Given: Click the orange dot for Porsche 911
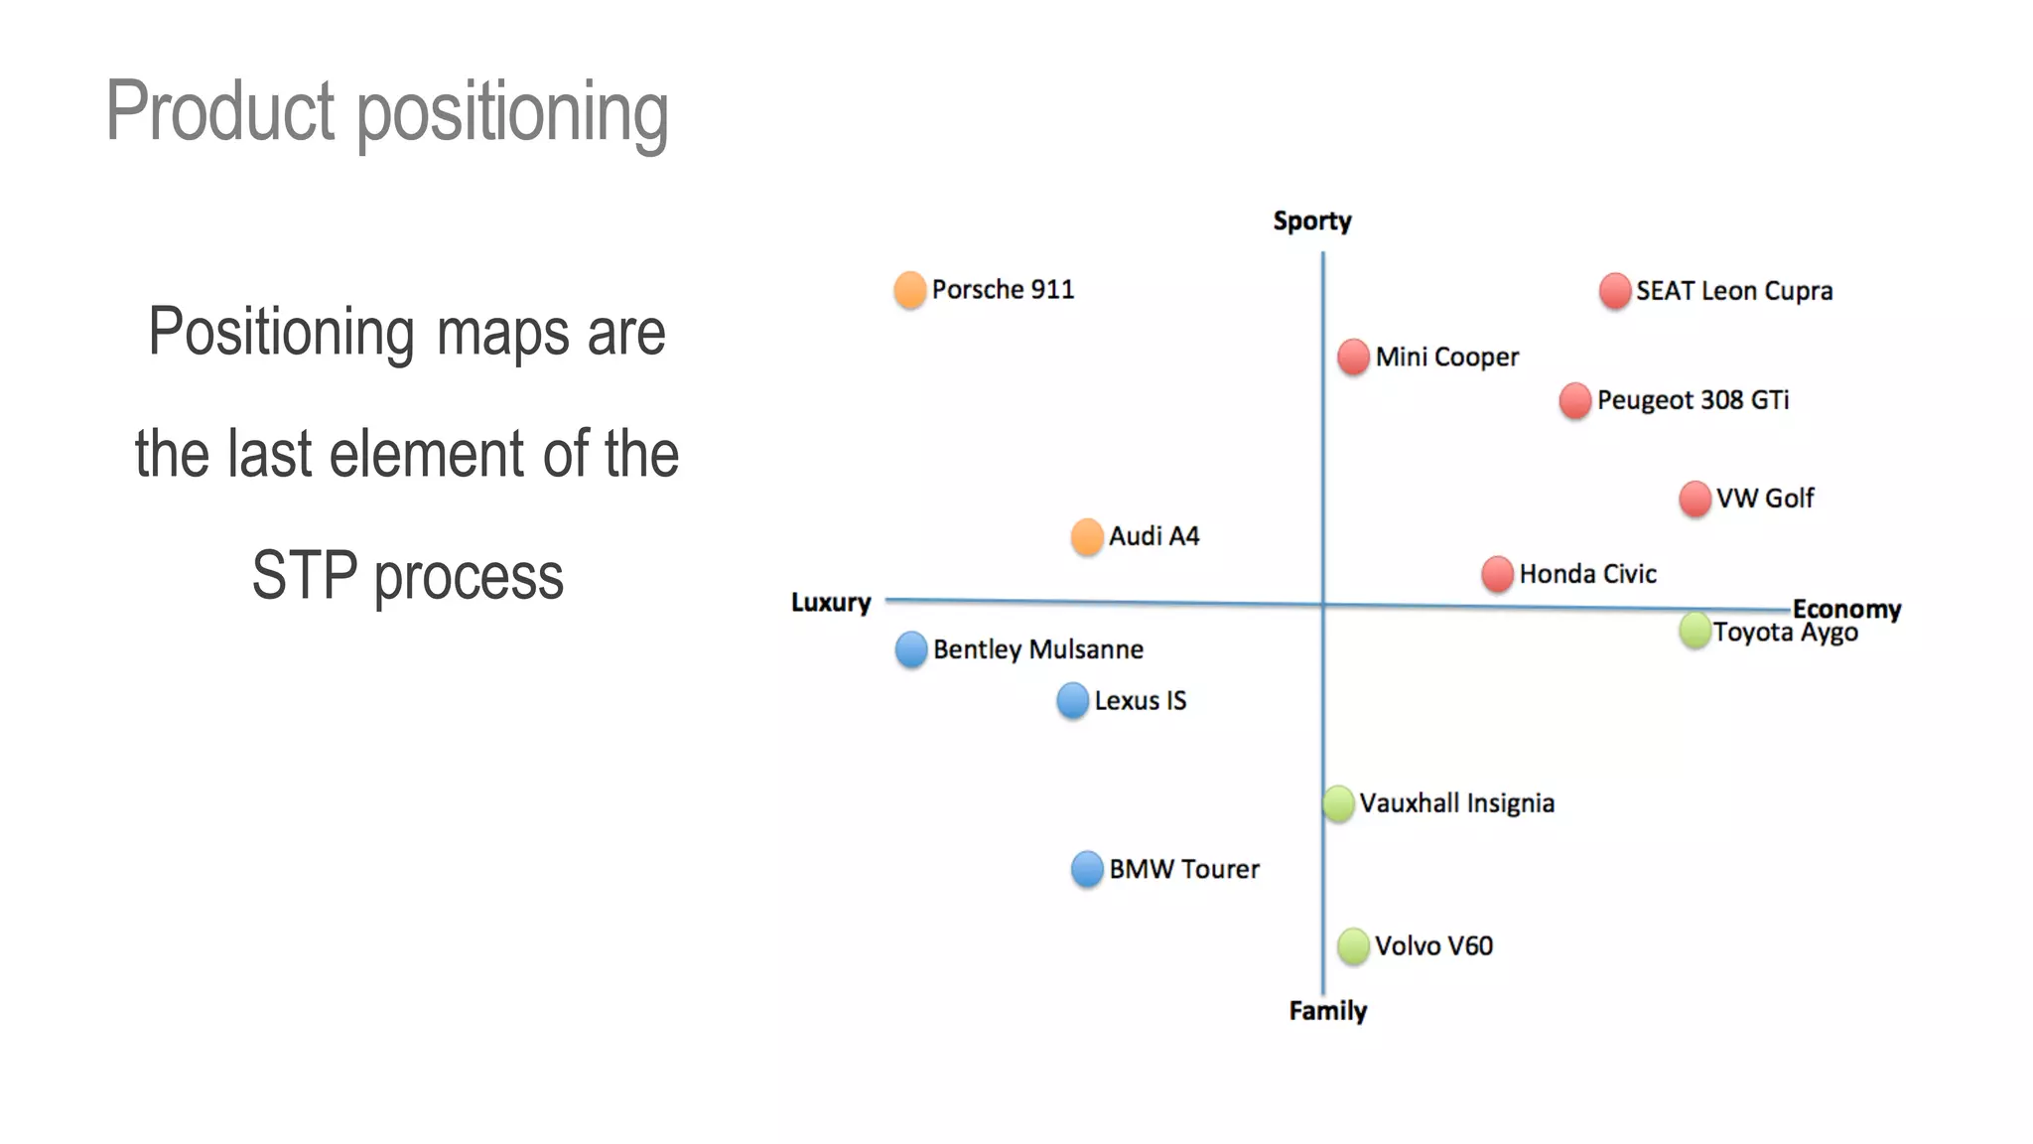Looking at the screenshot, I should click(x=909, y=290).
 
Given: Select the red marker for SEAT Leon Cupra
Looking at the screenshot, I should click(x=1615, y=291).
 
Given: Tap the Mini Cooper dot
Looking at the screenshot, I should click(x=1353, y=357).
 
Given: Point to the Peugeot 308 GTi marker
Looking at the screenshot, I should click(x=1575, y=400).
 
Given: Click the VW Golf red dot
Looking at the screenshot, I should click(x=1694, y=499).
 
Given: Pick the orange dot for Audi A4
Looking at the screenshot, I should click(x=1087, y=536).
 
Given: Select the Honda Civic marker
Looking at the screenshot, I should click(x=1497, y=574).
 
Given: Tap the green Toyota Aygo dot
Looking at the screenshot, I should click(x=1694, y=630).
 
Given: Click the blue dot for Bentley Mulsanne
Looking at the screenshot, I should click(x=911, y=649).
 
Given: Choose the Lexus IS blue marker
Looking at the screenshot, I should click(x=1073, y=700).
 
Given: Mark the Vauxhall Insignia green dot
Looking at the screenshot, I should click(x=1338, y=803).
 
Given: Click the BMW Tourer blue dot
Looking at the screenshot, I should click(x=1087, y=869).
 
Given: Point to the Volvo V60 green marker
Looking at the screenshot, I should click(x=1353, y=945).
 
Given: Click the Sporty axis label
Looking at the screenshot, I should click(x=1312, y=220).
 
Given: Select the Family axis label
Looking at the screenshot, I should click(x=1327, y=1011).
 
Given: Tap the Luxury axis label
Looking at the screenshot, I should click(x=831, y=603).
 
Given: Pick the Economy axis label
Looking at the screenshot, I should click(x=1846, y=609).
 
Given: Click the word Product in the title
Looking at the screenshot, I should click(x=220, y=111).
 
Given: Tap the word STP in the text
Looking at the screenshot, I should click(x=304, y=576).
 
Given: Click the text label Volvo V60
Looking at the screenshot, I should click(x=1433, y=945).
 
